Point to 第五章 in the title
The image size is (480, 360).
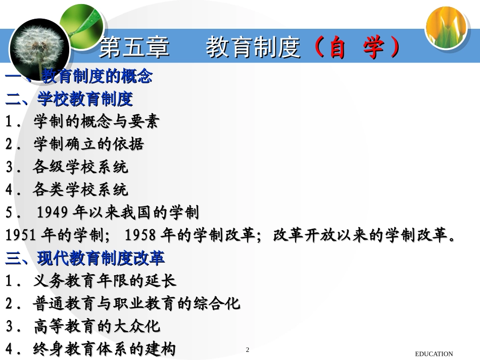click(x=133, y=49)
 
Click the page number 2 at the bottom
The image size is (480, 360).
click(x=248, y=350)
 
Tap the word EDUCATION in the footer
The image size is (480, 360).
click(x=434, y=354)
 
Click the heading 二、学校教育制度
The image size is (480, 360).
click(x=69, y=99)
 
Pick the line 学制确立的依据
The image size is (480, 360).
click(x=89, y=144)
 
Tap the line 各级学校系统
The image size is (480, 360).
click(x=81, y=167)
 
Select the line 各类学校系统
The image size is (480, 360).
click(x=81, y=190)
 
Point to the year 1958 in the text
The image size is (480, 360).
click(x=139, y=235)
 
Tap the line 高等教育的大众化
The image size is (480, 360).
click(x=97, y=327)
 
